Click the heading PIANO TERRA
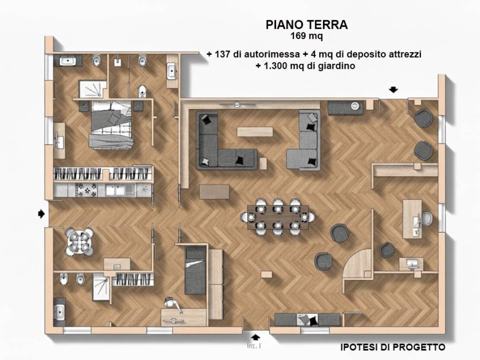[x=307, y=24]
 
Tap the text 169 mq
[x=307, y=35]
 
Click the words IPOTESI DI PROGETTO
[x=392, y=347]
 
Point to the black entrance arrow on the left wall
[x=41, y=213]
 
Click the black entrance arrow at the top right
[x=393, y=90]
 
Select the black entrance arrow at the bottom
[x=255, y=336]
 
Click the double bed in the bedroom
[x=112, y=125]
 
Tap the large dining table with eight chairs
[x=278, y=217]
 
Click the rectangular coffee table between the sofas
[x=254, y=132]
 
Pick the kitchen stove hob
[x=86, y=190]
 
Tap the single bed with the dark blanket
[x=195, y=270]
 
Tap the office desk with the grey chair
[x=414, y=219]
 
